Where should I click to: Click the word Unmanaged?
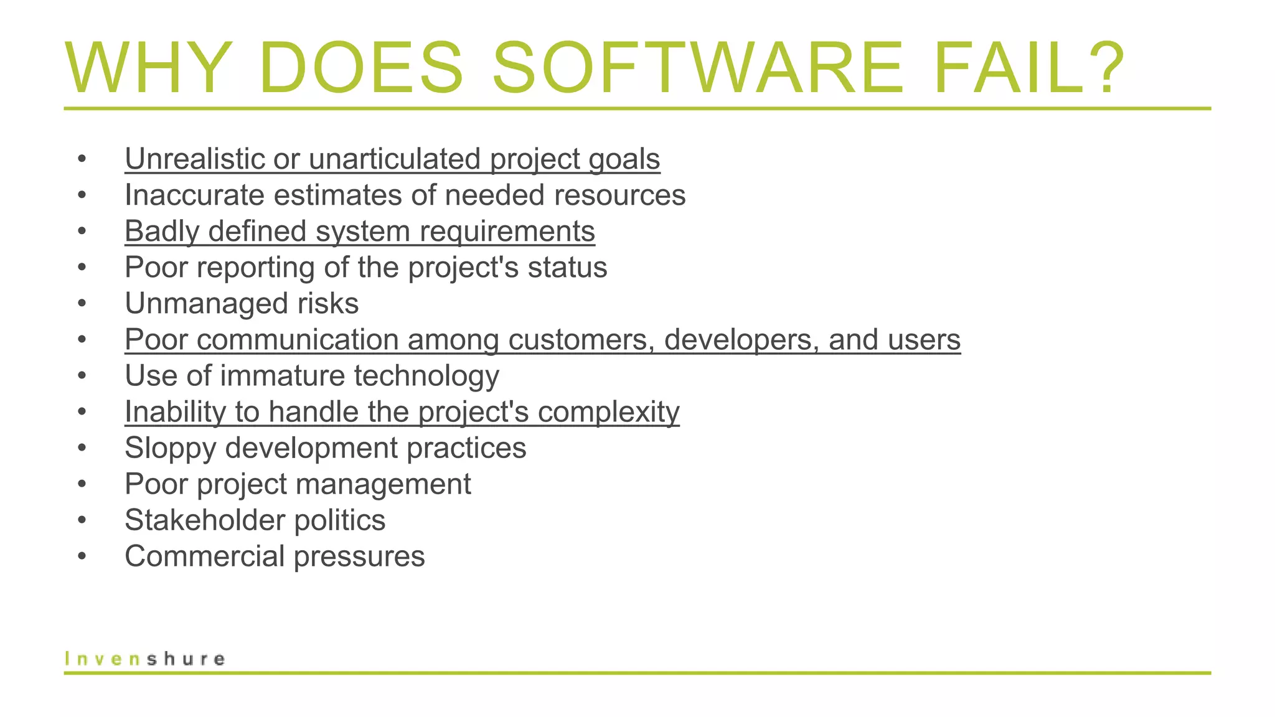click(x=206, y=304)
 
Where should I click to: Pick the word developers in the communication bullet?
click(x=741, y=340)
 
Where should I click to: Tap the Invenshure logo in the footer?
click(x=144, y=658)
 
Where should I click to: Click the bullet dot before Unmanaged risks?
click(x=82, y=304)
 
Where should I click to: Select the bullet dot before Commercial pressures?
click(x=82, y=557)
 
